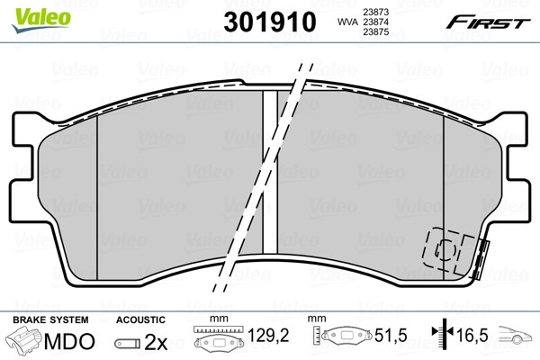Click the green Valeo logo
41,20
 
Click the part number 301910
270,22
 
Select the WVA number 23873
375,12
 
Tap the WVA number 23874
375,22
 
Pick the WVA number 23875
375,32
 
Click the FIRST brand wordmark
488,22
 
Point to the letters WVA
347,22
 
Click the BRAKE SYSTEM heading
50,319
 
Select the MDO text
69,341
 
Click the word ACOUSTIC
140,319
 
